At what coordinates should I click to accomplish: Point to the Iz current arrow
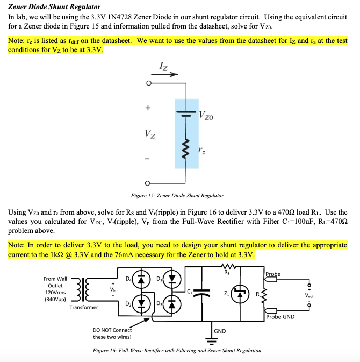(x=167, y=75)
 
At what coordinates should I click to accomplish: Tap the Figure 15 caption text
(x=177, y=195)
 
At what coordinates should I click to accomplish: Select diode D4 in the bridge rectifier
(x=140, y=281)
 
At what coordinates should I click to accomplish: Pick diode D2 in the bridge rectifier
(x=140, y=304)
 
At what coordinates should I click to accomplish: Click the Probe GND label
(x=280, y=317)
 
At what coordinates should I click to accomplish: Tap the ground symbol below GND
(x=210, y=339)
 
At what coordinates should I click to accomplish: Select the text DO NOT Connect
(x=112, y=330)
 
